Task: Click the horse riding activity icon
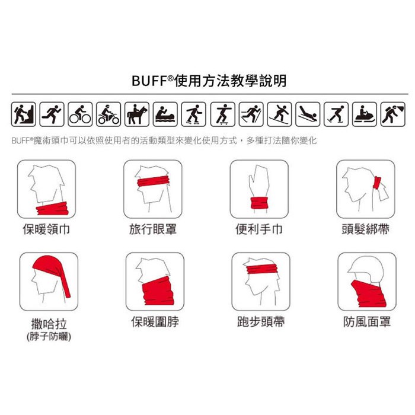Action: (137, 114)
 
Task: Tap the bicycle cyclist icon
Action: (80, 114)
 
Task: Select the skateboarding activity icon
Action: (222, 114)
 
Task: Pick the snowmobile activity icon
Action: (365, 114)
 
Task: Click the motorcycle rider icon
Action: (108, 114)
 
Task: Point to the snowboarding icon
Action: (279, 114)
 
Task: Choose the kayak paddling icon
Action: (165, 114)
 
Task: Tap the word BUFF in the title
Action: (149, 81)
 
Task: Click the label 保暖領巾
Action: (46, 229)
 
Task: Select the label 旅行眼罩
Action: (153, 229)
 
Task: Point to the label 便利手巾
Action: (259, 229)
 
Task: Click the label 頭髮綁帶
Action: (366, 229)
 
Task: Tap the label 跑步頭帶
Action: (261, 322)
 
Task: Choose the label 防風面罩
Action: (367, 322)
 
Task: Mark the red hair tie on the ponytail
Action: (377, 183)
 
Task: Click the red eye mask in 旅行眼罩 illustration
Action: (153, 181)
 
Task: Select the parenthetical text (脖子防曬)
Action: (49, 337)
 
